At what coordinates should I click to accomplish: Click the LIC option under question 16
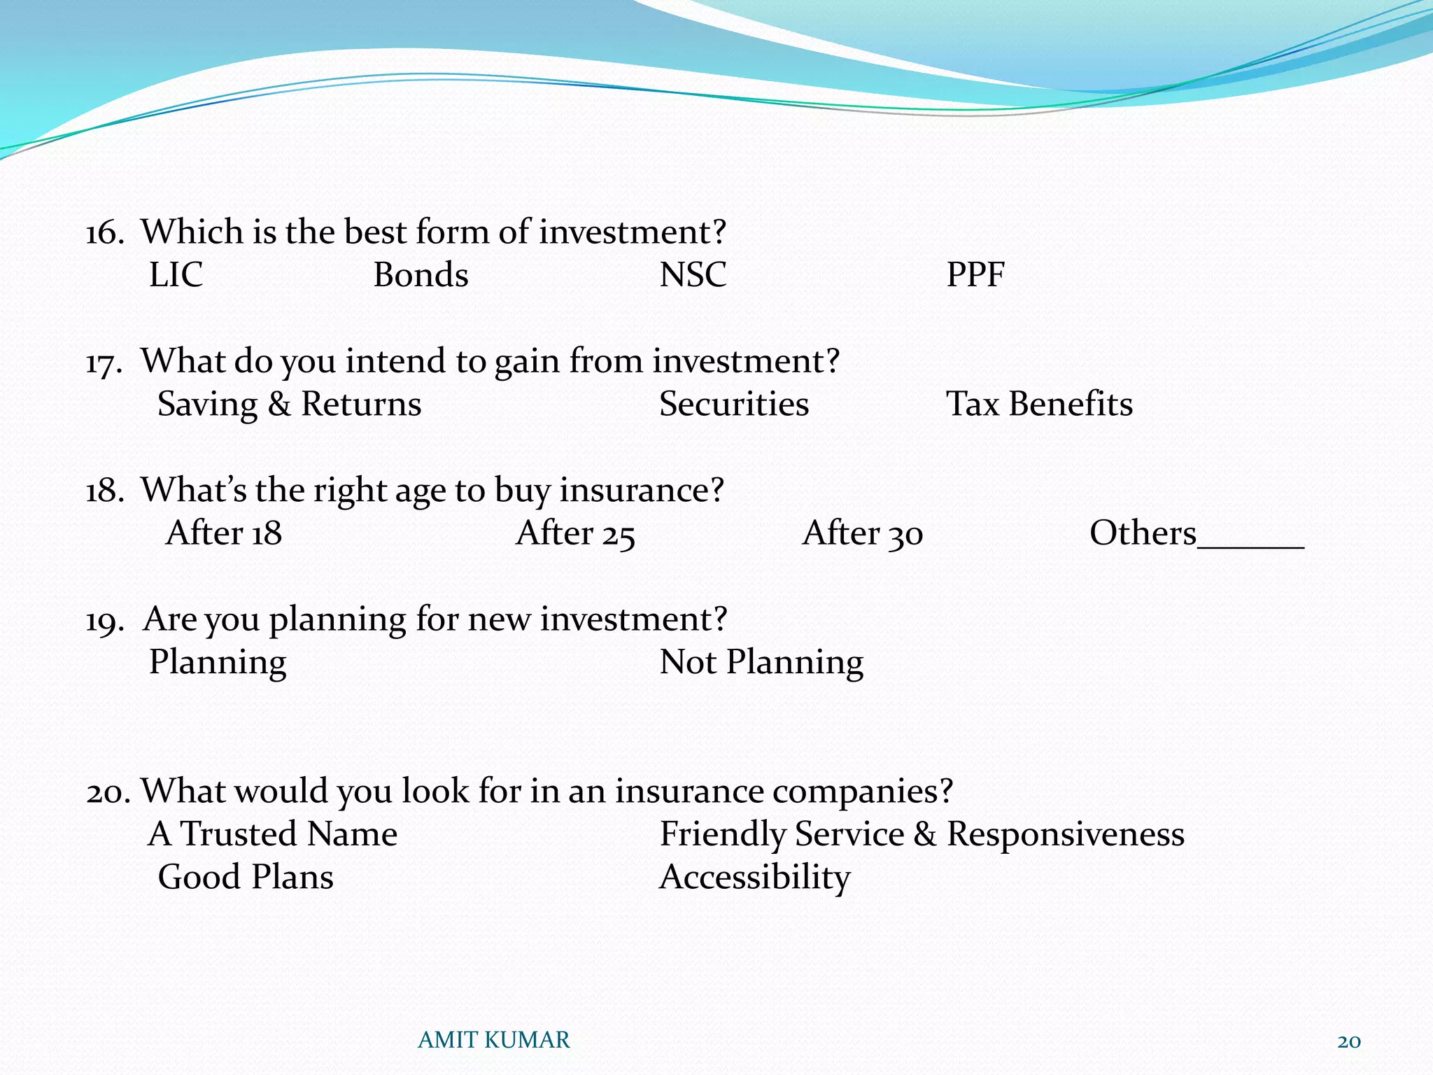tap(176, 274)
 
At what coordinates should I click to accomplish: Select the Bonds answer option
tap(421, 274)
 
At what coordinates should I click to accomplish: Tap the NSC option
tap(693, 274)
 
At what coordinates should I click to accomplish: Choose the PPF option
tap(975, 274)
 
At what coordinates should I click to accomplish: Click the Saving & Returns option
tap(289, 404)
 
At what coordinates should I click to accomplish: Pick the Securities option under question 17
tap(734, 404)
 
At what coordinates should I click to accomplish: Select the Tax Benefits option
tap(1039, 404)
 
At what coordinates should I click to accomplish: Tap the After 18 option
tap(224, 533)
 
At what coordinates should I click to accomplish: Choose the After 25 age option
tap(575, 533)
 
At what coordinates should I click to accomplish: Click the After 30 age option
tap(863, 533)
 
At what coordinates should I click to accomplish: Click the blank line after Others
tap(1251, 542)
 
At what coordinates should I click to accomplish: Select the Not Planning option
tap(761, 662)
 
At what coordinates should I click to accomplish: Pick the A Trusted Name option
tap(273, 834)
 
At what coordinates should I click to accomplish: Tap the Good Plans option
tap(246, 877)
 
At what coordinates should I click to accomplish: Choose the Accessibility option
tap(754, 877)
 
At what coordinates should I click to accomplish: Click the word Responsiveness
tap(1066, 834)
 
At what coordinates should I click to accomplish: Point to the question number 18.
tap(104, 491)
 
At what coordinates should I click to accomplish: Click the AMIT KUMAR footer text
tap(494, 1040)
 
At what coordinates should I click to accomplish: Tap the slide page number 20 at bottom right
tap(1348, 1041)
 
